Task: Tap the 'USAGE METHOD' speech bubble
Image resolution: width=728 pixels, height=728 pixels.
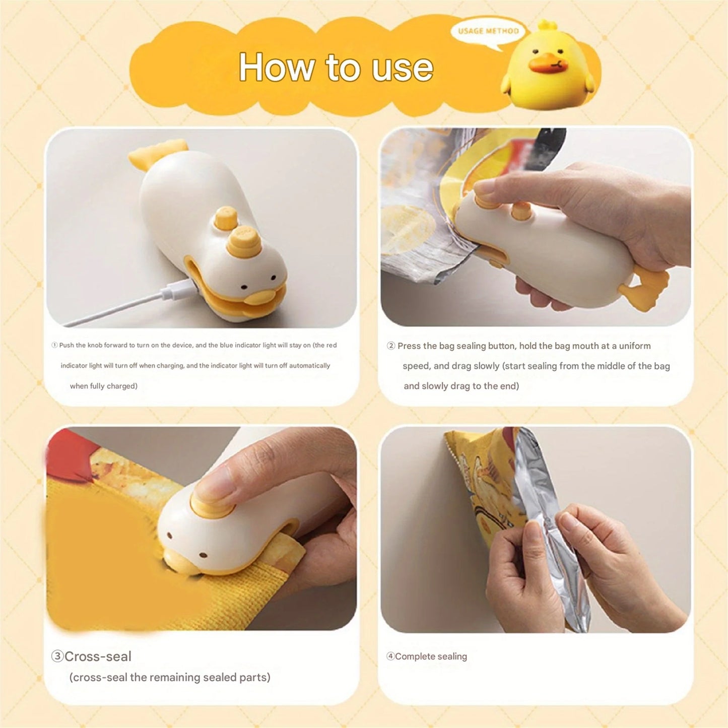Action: coord(488,31)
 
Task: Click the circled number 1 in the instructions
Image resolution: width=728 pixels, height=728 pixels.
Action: coord(54,345)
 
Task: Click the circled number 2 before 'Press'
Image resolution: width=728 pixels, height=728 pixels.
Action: coord(391,346)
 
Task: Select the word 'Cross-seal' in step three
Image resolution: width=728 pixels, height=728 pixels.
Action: coord(98,656)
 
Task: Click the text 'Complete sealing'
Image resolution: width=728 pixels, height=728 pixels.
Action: coord(431,656)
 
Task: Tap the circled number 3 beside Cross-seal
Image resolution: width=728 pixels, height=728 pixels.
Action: coord(57,656)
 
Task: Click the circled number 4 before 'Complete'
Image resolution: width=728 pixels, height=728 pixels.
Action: coord(390,656)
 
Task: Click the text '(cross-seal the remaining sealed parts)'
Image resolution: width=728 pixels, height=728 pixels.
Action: coord(170,677)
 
